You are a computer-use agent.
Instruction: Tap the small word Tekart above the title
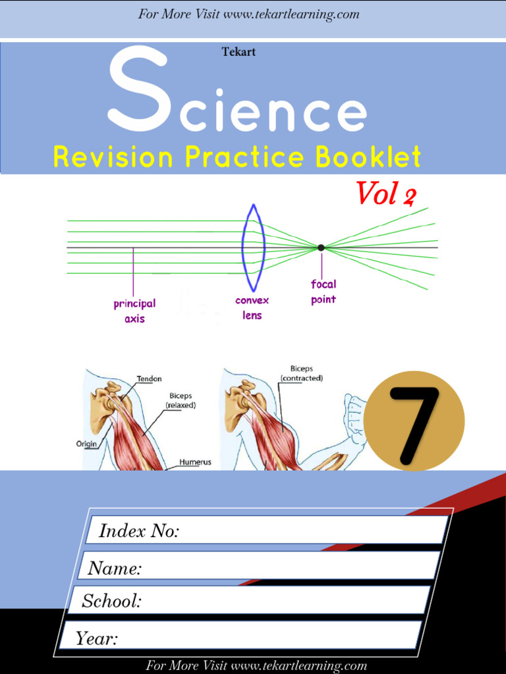click(x=239, y=52)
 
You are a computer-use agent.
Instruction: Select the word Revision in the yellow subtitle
click(x=113, y=157)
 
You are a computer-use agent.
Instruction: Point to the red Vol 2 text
click(x=386, y=194)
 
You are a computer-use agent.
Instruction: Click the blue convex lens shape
click(x=254, y=247)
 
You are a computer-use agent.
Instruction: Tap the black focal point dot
click(x=321, y=247)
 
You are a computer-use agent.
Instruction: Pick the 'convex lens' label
click(x=252, y=308)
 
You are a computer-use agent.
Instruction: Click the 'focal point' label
click(x=323, y=292)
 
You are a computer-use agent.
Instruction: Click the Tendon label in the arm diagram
click(x=149, y=379)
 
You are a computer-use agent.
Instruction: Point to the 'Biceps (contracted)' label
click(x=302, y=373)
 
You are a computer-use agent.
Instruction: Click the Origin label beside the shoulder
click(x=86, y=444)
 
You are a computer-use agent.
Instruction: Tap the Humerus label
click(x=196, y=462)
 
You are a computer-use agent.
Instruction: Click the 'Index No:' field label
click(x=138, y=531)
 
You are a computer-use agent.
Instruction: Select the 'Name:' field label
click(x=115, y=568)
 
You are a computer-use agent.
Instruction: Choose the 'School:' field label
click(x=111, y=601)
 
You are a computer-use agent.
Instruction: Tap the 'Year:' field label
click(x=96, y=638)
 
